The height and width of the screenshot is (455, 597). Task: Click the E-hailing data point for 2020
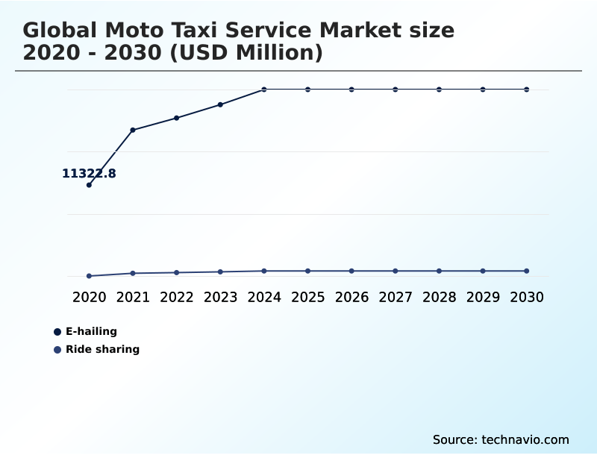(x=89, y=185)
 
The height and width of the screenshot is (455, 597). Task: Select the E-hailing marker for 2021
(x=133, y=130)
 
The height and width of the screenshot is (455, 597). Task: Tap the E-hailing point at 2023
(x=220, y=104)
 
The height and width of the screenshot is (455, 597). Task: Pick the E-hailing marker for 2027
(x=396, y=90)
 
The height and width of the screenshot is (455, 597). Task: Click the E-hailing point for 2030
(x=527, y=90)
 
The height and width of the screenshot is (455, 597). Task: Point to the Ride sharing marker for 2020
(x=89, y=276)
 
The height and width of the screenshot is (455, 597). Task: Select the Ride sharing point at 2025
(x=307, y=271)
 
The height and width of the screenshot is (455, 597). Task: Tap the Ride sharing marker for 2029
(x=483, y=271)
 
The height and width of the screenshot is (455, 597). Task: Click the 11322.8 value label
(x=89, y=174)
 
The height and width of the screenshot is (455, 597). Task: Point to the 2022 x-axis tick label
(x=177, y=297)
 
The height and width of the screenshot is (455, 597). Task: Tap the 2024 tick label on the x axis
(x=264, y=297)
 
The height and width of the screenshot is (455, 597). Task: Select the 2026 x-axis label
(x=351, y=297)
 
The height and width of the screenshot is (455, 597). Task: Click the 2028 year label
(x=439, y=297)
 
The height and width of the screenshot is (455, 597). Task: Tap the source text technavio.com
(x=525, y=439)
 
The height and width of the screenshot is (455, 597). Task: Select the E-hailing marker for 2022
(x=177, y=118)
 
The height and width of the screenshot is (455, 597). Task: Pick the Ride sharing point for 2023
(x=220, y=272)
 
